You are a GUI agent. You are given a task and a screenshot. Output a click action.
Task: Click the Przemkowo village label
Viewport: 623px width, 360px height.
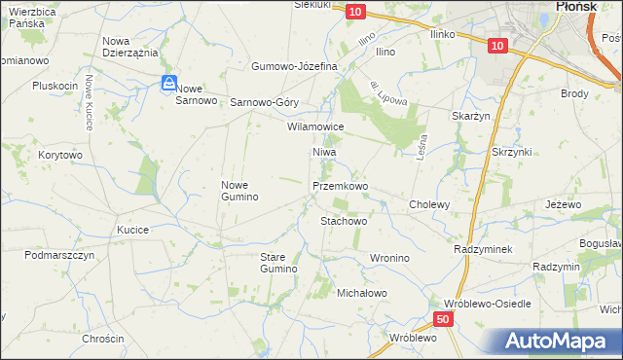point(340,185)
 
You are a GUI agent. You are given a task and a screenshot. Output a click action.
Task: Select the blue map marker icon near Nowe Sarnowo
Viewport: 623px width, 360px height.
point(168,85)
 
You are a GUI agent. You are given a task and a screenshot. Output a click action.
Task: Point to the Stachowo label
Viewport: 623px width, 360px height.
point(344,221)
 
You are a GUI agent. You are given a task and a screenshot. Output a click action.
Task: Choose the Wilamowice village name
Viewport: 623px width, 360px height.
point(315,126)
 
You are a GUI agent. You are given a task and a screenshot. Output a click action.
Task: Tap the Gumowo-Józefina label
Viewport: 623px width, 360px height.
point(294,66)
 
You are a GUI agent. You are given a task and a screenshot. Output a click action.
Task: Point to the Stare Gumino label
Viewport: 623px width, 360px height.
point(277,262)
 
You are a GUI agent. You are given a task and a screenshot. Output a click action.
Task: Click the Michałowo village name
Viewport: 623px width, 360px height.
point(362,293)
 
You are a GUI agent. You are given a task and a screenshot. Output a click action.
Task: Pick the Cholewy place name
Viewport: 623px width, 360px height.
point(429,204)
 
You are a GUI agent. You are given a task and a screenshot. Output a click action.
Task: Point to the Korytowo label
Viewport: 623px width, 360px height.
point(59,155)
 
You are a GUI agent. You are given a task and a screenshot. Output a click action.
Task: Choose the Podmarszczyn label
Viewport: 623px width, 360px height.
point(59,255)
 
